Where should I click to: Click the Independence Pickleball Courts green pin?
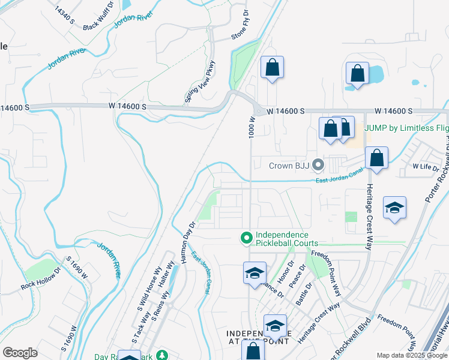point(246,239)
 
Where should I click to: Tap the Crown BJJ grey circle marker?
point(319,164)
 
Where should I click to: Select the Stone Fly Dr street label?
point(240,25)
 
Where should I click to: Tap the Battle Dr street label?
point(303,294)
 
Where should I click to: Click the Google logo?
point(20,352)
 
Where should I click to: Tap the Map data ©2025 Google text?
point(411,355)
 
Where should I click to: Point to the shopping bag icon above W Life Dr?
point(376,158)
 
